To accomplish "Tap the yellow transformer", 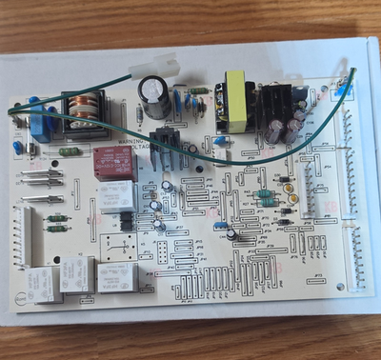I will pos(232,105).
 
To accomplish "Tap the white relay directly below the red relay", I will pos(116,195).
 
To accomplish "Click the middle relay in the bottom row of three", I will pos(77,275).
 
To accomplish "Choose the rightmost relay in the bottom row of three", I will pos(115,276).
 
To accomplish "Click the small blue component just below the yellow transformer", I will pos(221,152).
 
